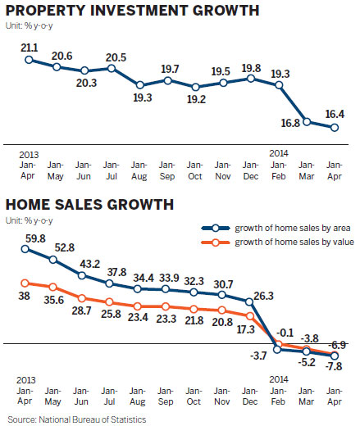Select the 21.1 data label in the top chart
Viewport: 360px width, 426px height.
click(30, 47)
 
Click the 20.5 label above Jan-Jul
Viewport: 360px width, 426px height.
click(116, 57)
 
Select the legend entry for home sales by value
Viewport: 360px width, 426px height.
click(293, 242)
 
